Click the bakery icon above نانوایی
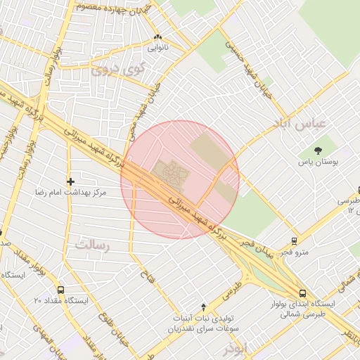(x=157, y=38)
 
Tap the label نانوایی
(x=157, y=49)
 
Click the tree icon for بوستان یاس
(x=319, y=150)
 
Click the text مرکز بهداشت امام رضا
(x=67, y=191)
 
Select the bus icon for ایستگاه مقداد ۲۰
(x=60, y=290)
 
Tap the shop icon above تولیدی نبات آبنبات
(x=204, y=307)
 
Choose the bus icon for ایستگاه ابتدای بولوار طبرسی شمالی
(x=302, y=293)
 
